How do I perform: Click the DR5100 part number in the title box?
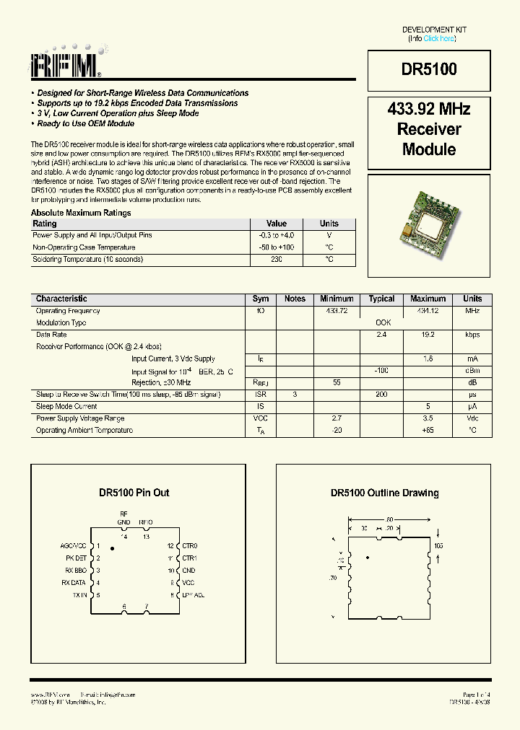click(429, 69)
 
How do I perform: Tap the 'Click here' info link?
click(439, 38)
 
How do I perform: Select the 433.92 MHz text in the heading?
click(429, 110)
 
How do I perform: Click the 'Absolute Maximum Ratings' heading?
click(81, 213)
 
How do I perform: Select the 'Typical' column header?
click(381, 299)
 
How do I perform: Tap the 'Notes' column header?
click(295, 299)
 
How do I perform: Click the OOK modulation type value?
click(383, 323)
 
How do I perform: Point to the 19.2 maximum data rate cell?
click(428, 335)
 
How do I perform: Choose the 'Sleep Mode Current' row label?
click(66, 406)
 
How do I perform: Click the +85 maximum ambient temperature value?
click(428, 430)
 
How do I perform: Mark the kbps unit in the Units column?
click(472, 335)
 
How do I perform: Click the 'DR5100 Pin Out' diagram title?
click(134, 493)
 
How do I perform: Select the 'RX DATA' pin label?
click(74, 582)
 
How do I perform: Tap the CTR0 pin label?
click(189, 546)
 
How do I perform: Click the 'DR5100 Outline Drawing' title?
click(384, 493)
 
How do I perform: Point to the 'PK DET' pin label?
click(76, 558)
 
